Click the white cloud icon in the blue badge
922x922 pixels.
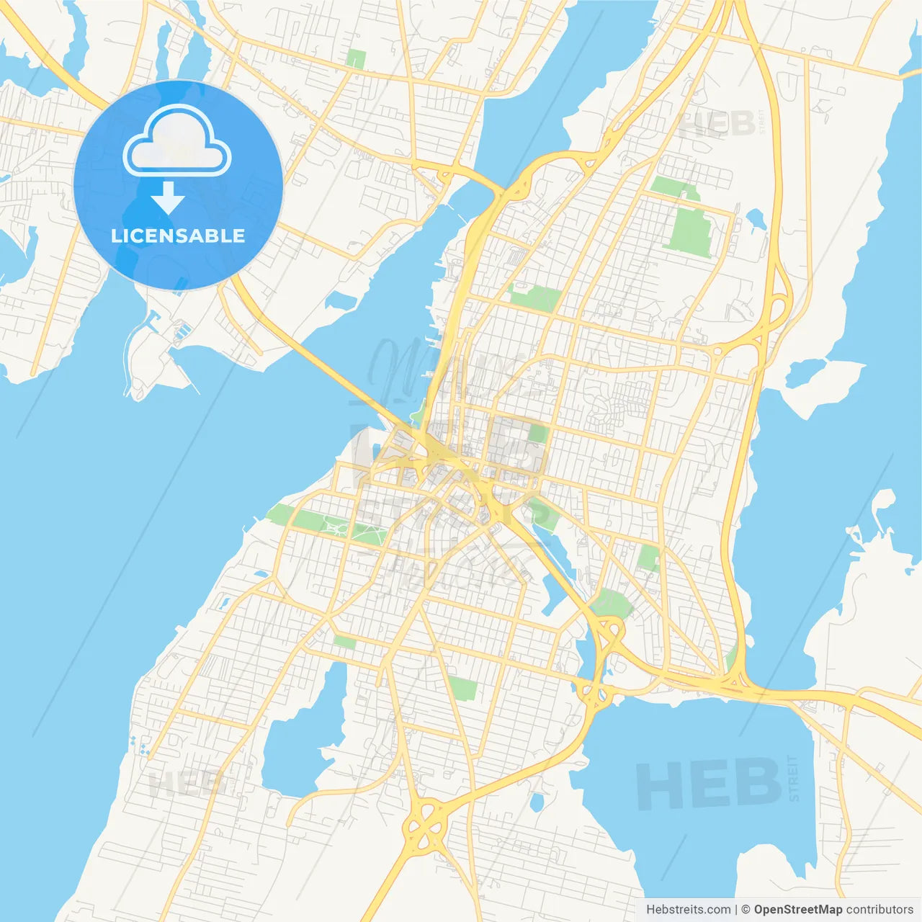177,142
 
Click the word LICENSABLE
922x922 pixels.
178,236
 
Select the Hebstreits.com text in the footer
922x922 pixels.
688,910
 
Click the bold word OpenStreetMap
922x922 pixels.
798,910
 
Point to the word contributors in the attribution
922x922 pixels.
880,910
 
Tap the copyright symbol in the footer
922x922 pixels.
746,910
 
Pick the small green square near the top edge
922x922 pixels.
355,58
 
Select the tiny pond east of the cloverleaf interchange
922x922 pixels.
536,801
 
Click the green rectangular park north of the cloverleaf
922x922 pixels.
463,688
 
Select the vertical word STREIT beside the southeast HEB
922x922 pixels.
794,778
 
